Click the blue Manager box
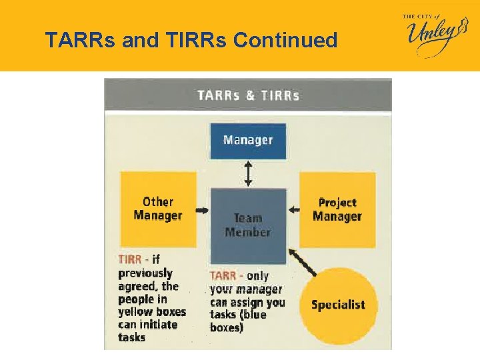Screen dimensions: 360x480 tap(248, 140)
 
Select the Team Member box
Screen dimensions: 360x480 tap(248, 225)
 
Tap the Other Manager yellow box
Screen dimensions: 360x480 tap(158, 209)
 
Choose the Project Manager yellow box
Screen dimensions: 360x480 tap(337, 209)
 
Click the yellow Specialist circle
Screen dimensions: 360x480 tap(338, 305)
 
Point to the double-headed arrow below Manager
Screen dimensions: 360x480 tap(248, 173)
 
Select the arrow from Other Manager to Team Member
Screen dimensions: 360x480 tap(202, 210)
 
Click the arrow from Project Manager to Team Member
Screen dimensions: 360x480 tap(293, 210)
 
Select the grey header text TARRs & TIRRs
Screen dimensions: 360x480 tap(248, 95)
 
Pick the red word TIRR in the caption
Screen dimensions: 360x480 tap(130, 259)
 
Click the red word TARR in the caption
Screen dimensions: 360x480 tap(222, 275)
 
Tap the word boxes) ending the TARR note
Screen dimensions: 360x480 tap(227, 327)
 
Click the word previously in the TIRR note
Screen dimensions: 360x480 tap(145, 273)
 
